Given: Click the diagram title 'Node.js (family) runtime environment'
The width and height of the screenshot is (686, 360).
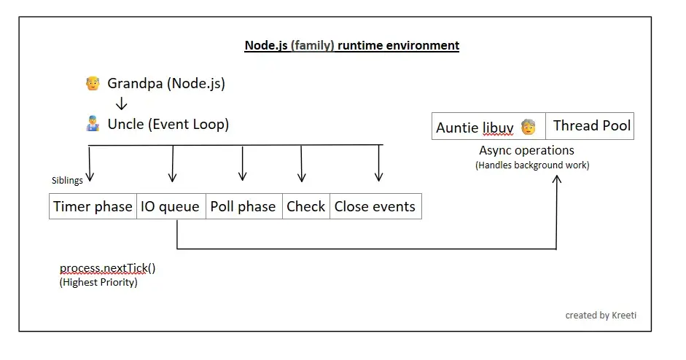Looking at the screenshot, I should (351, 45).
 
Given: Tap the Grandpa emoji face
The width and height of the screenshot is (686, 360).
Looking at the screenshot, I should (92, 83).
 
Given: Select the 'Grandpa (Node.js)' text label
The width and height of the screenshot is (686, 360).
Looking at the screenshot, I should (166, 83).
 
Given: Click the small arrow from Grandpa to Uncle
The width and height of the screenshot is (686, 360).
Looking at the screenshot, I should (122, 104).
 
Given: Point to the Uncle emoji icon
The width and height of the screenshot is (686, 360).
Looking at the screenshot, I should (92, 124).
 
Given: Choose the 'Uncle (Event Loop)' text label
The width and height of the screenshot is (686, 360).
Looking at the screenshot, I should (168, 124).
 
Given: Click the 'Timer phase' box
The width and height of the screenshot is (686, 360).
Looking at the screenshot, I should (93, 206).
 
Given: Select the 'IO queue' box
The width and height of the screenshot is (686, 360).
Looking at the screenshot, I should (171, 206).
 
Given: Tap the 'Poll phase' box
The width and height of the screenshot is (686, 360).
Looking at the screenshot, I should (243, 206).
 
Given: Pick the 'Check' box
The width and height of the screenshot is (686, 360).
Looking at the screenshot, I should (305, 206).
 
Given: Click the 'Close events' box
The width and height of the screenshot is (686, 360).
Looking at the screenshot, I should (375, 206).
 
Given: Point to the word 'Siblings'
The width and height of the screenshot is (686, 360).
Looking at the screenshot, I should (67, 180).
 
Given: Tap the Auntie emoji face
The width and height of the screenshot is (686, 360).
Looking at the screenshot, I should (529, 127).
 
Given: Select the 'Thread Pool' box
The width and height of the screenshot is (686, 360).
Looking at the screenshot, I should (591, 125).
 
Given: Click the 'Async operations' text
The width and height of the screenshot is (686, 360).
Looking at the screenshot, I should (526, 150).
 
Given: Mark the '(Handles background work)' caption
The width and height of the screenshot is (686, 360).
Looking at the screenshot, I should (532, 165).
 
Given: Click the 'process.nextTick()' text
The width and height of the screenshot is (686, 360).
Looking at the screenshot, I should (107, 268).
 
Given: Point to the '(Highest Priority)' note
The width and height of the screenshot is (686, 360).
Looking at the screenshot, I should (98, 282).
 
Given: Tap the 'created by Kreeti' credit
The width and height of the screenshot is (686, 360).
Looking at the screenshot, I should (600, 315).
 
